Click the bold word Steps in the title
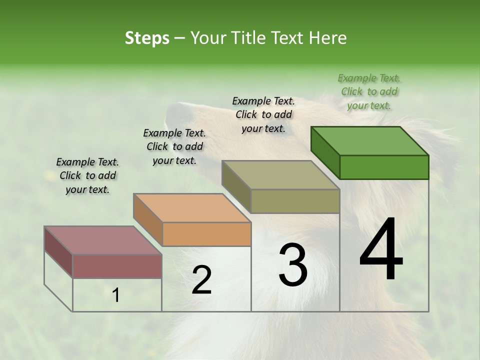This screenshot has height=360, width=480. tap(147, 38)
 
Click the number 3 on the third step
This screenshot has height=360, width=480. tap(293, 265)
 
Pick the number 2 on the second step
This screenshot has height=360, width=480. tap(201, 280)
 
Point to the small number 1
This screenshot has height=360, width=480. tap(116, 295)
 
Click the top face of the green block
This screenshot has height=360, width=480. tap(370, 141)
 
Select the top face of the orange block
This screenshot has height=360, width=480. tap(192, 208)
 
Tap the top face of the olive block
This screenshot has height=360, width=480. tap(281, 175)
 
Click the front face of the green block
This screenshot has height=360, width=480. tap(384, 167)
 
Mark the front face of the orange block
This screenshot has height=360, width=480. tap(206, 234)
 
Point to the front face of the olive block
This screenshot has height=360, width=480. tap(295, 201)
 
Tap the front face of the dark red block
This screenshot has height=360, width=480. tap(117, 266)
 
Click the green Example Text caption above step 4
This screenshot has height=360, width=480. tap(369, 91)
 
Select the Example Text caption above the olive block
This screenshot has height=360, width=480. tap(263, 114)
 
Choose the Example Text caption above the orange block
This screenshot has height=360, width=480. tap(174, 146)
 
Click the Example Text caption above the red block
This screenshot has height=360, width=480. tap(87, 175)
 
